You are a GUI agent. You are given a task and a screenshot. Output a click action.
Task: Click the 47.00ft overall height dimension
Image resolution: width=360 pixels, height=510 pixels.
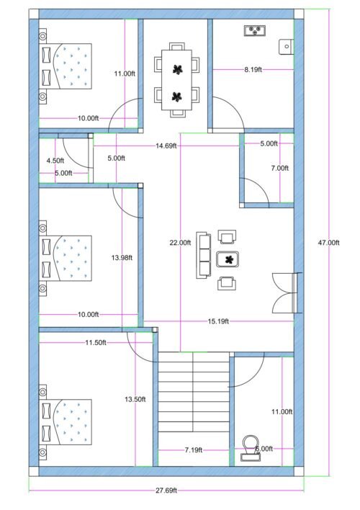click(x=328, y=243)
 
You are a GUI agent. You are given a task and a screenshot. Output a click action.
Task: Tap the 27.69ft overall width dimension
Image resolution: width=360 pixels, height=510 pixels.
click(x=166, y=491)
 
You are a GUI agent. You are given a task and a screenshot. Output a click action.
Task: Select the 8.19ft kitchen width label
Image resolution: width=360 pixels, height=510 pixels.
click(x=253, y=69)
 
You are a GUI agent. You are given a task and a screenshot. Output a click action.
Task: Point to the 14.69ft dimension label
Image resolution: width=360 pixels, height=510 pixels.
click(x=166, y=146)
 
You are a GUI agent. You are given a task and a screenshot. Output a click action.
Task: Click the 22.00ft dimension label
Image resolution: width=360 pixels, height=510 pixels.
click(x=180, y=243)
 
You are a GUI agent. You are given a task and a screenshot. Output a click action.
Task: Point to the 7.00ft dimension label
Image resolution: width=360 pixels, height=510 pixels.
click(x=279, y=168)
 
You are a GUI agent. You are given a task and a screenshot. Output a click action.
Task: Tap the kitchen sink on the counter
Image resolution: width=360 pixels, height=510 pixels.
click(x=256, y=30)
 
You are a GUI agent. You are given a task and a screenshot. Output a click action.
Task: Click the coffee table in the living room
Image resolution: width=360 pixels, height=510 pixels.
click(x=228, y=259)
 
